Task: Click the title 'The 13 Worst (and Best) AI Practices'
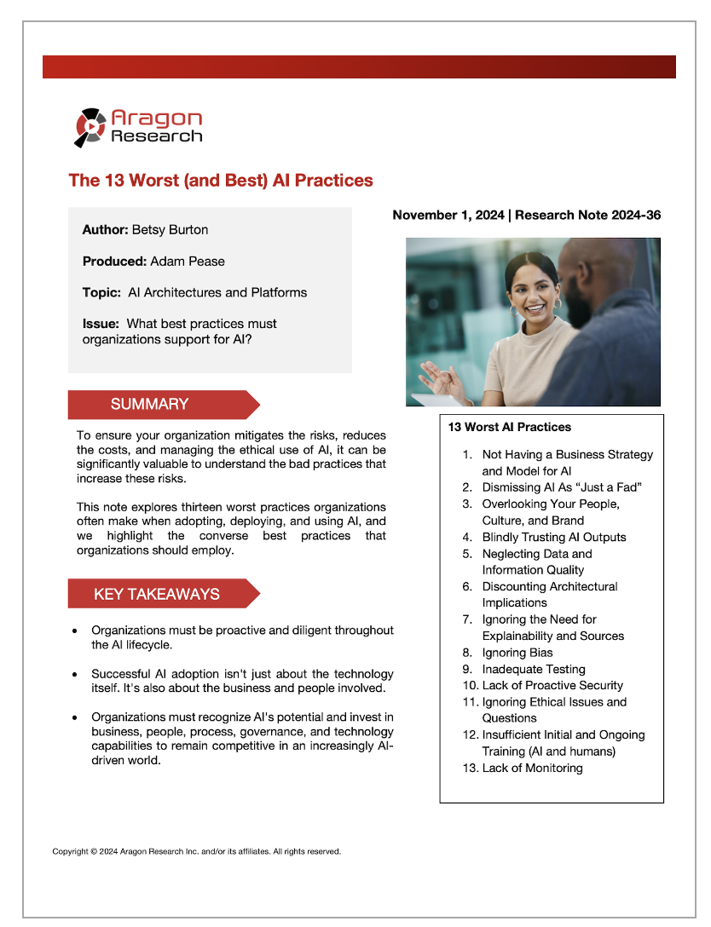(221, 181)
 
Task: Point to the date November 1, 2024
(448, 216)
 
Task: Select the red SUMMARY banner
(163, 405)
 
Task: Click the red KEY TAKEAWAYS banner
(163, 594)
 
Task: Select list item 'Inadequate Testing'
(534, 670)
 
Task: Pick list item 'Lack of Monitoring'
(532, 769)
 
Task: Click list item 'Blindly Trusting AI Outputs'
(554, 538)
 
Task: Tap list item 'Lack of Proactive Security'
(552, 686)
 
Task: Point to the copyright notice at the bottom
(197, 851)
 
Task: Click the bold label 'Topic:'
(101, 292)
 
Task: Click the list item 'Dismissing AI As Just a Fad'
(561, 488)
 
